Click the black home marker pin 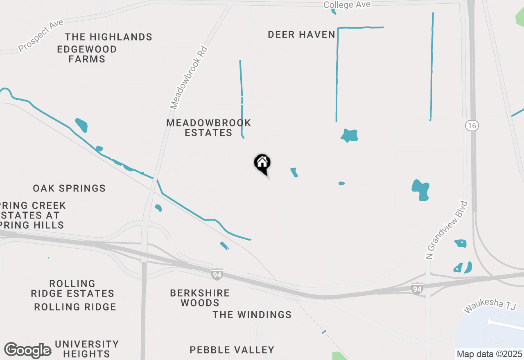click(x=262, y=164)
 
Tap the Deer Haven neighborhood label click(x=302, y=35)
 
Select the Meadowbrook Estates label click(x=209, y=128)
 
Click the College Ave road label click(x=347, y=4)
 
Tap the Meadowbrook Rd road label click(x=190, y=78)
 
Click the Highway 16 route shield click(x=472, y=126)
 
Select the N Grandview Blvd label click(x=447, y=229)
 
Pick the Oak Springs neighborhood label click(x=69, y=189)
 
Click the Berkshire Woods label click(x=200, y=298)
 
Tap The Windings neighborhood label click(x=252, y=315)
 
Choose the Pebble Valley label click(x=232, y=350)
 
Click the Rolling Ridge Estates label click(x=72, y=288)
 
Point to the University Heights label click(x=87, y=349)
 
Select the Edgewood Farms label click(x=87, y=54)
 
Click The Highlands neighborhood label click(x=108, y=37)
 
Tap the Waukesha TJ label click(x=490, y=308)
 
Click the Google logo click(x=27, y=351)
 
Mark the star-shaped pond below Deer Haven click(x=349, y=135)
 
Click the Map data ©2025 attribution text click(x=489, y=354)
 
